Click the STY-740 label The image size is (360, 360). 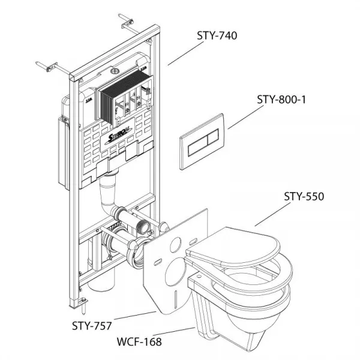(x=217, y=36)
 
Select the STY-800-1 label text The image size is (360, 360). (x=281, y=100)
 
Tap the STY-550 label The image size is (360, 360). (x=304, y=197)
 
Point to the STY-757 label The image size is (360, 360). (x=92, y=326)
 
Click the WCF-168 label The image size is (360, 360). (x=139, y=341)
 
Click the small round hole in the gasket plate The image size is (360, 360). (x=175, y=245)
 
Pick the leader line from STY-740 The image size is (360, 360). (x=186, y=53)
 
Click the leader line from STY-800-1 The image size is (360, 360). (x=246, y=117)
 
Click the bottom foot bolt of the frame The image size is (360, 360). (x=84, y=306)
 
